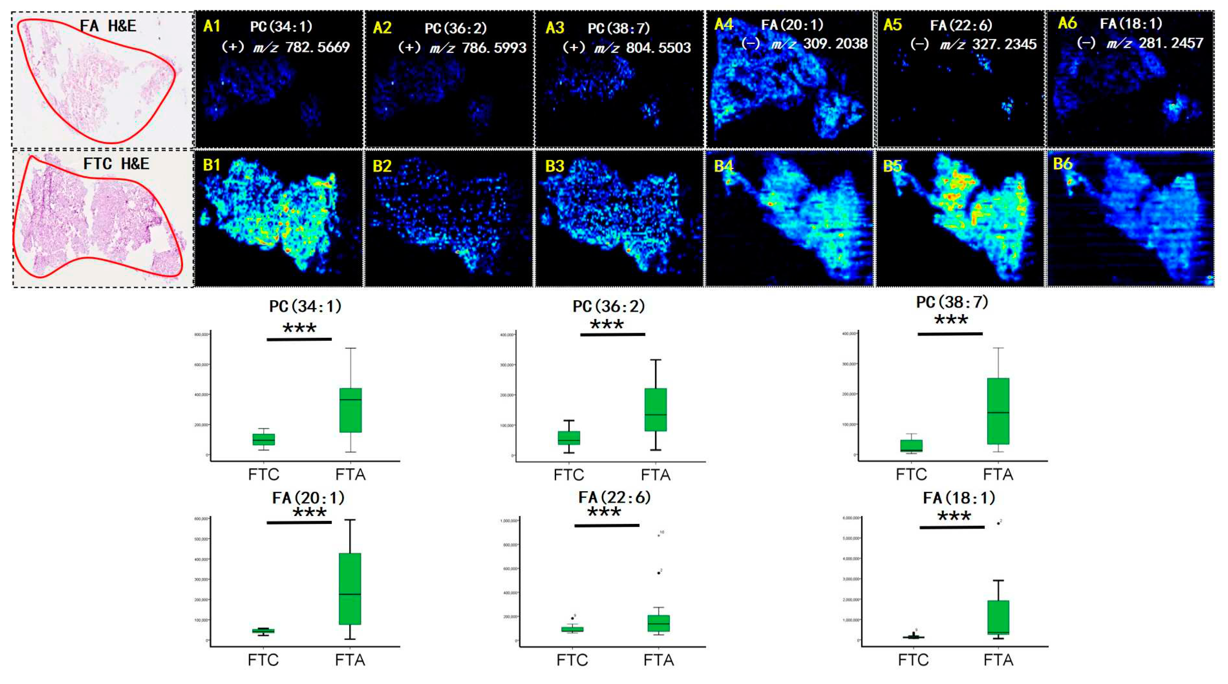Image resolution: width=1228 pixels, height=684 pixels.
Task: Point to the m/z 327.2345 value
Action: coord(1004,44)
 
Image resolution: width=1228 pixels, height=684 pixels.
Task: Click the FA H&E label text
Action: coord(108,25)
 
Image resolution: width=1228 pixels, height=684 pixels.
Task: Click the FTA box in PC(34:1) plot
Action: coord(350,410)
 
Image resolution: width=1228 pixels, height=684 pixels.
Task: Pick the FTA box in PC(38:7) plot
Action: coord(998,411)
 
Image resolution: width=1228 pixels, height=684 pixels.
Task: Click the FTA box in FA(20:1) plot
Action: coord(350,589)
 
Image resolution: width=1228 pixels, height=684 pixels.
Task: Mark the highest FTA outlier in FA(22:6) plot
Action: coord(659,535)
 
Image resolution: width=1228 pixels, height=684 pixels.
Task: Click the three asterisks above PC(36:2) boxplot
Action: coord(606,325)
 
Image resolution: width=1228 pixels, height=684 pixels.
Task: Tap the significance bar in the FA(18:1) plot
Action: coord(952,527)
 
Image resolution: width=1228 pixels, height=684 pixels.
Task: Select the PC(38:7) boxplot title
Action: coord(952,302)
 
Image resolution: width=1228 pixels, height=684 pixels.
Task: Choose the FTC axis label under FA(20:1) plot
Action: coord(263,660)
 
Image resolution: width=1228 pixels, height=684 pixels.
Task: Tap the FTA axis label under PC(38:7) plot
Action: coord(998,474)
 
